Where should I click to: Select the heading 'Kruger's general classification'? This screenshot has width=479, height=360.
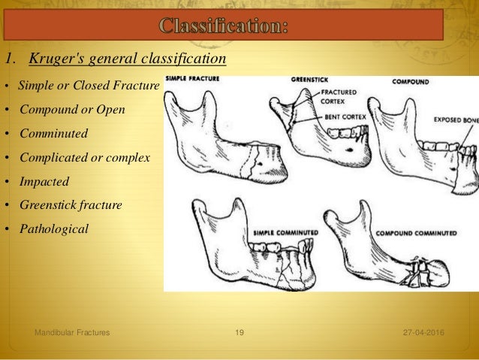coord(122,59)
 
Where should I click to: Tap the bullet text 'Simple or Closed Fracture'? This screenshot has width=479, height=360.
coord(89,86)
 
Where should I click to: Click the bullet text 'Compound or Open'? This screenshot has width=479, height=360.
coord(72,110)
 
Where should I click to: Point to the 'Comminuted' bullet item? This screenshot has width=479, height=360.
coord(53,134)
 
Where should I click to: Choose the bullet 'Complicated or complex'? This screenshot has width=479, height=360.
coord(85,158)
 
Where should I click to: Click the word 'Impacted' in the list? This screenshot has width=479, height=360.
coord(44,181)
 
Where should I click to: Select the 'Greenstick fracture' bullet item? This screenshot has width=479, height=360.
coord(71,204)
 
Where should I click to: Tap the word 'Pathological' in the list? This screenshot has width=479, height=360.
coord(54,228)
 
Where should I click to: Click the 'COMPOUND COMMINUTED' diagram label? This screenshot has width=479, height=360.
coord(410,234)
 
